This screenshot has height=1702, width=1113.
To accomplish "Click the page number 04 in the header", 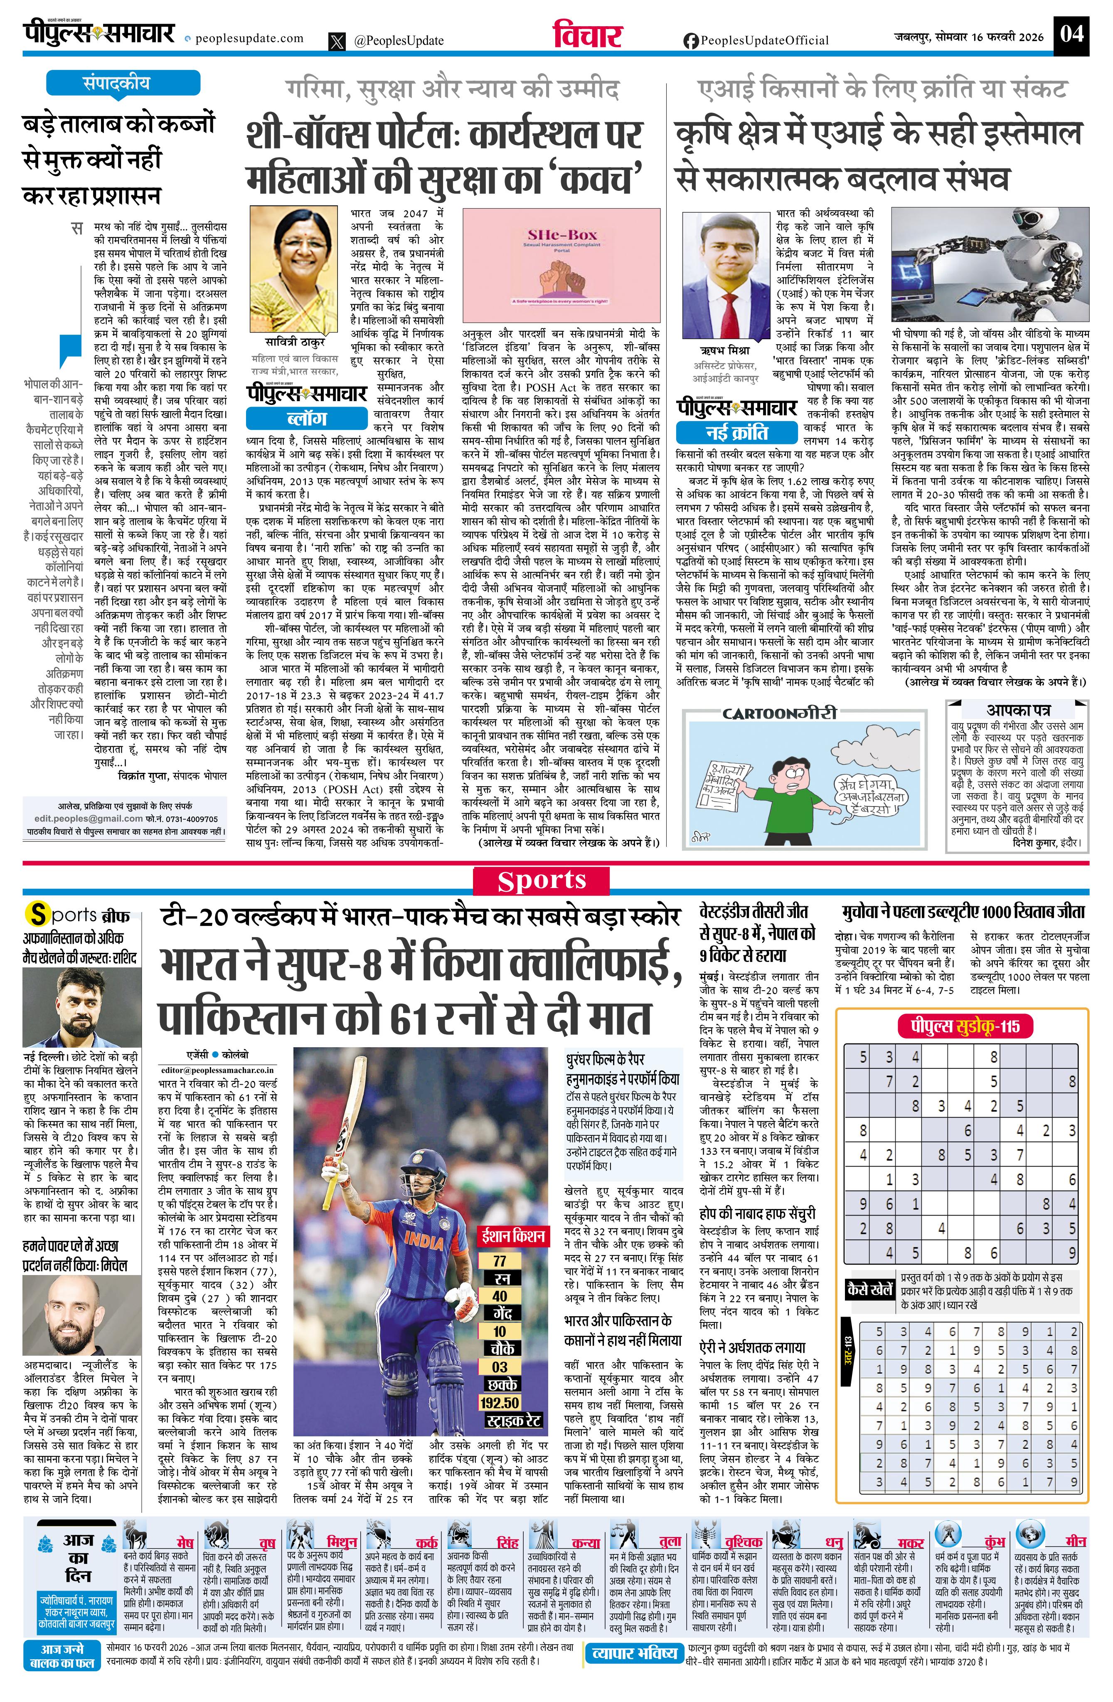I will pos(1071,34).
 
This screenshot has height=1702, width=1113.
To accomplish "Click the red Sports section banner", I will pos(542,881).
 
